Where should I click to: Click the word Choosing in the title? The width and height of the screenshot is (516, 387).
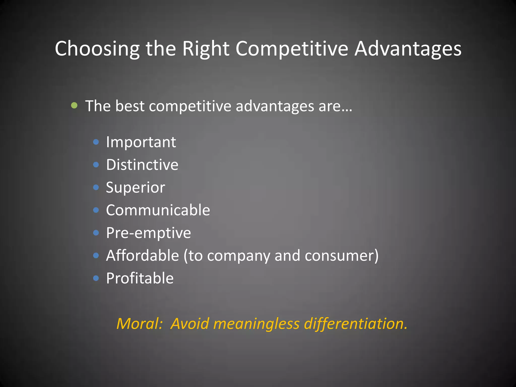97,49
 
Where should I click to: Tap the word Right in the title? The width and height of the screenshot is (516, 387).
206,49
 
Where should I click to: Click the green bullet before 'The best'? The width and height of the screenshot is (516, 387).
74,105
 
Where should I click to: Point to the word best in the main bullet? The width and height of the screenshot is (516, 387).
130,106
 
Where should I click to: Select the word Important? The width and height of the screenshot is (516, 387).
141,142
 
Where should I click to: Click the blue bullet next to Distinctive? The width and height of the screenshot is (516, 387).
96,165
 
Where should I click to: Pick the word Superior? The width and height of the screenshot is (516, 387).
135,187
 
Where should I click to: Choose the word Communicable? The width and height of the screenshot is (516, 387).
158,210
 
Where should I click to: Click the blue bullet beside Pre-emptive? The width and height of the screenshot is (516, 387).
96,233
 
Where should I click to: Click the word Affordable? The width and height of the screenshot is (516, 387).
142,255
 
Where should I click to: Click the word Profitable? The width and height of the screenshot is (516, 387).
140,278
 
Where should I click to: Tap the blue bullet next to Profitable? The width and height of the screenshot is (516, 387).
96,278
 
